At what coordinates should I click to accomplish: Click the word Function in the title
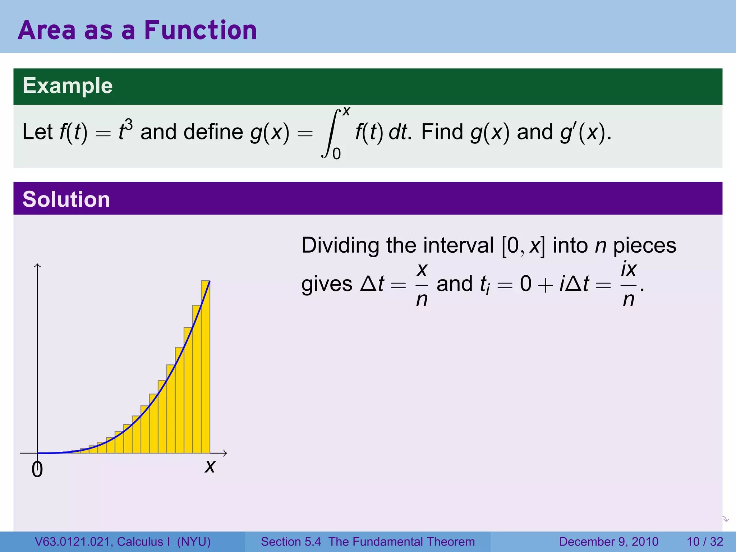(201, 30)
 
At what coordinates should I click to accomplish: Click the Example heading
(68, 86)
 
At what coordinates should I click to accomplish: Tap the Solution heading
(66, 199)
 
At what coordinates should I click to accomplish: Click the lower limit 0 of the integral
(337, 154)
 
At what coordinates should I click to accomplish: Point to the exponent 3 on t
(129, 125)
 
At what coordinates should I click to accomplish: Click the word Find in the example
(442, 132)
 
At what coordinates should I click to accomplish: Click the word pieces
(645, 246)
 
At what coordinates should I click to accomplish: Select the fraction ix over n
(629, 284)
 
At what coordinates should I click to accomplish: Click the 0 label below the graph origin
(37, 470)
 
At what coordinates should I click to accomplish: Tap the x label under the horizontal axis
(210, 466)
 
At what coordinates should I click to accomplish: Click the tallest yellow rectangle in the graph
(205, 367)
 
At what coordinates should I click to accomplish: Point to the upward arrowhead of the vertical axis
(37, 266)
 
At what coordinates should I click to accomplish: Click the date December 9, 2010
(608, 542)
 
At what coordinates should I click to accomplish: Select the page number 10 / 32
(705, 542)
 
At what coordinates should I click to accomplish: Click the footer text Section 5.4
(291, 542)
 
